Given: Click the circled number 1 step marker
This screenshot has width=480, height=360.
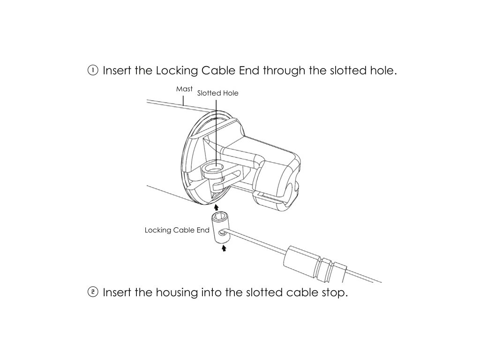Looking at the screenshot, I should coord(93,71).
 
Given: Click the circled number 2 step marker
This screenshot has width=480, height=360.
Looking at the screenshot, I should coord(93,292).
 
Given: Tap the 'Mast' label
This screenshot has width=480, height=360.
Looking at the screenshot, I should coord(184,89).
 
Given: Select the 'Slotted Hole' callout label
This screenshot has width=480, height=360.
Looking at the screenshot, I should coord(217,93).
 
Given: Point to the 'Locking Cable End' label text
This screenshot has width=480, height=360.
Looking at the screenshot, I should coord(177,230).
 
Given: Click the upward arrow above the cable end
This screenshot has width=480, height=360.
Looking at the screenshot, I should coord(216,206).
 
